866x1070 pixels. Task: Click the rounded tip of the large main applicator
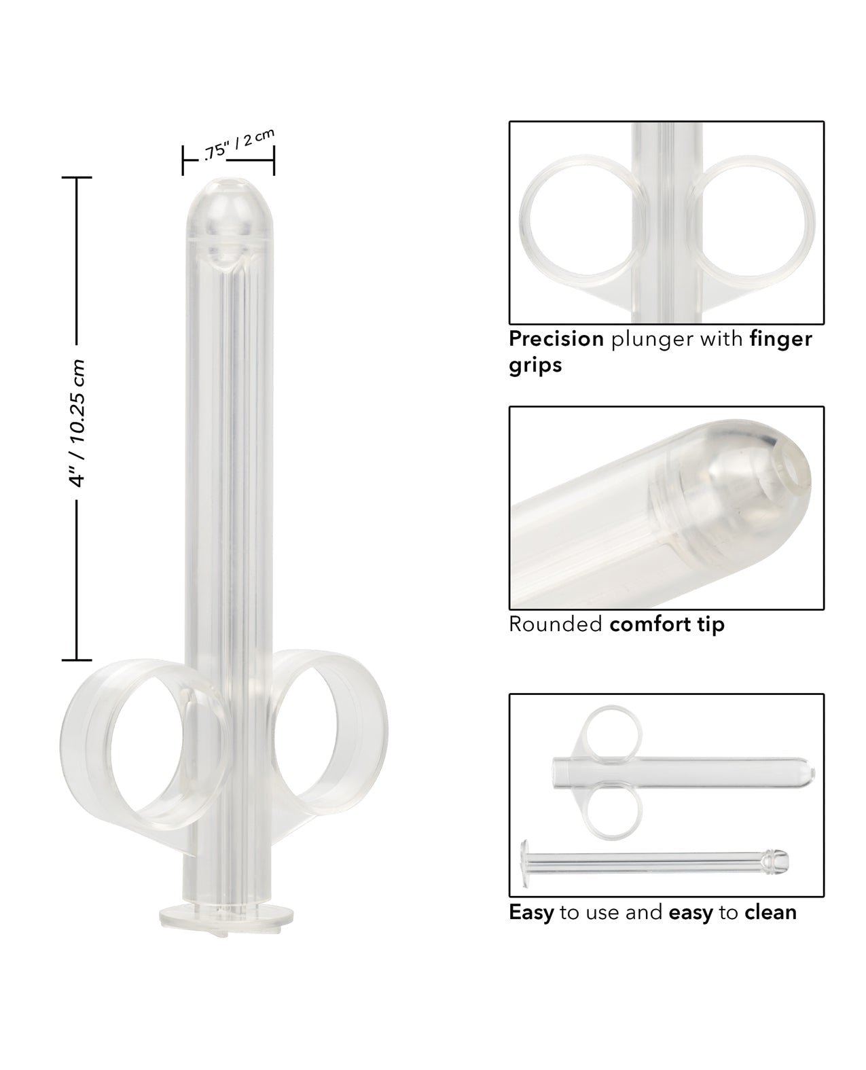(228, 204)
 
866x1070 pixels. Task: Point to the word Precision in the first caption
(556, 338)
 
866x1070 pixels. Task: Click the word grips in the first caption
(535, 365)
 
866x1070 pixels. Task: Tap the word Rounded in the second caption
(556, 624)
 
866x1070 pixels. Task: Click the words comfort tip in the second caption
(667, 624)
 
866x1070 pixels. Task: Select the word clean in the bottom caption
(770, 912)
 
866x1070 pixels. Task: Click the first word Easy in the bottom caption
(531, 912)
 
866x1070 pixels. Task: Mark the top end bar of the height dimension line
(76, 177)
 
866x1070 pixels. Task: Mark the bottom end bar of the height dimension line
(76, 659)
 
